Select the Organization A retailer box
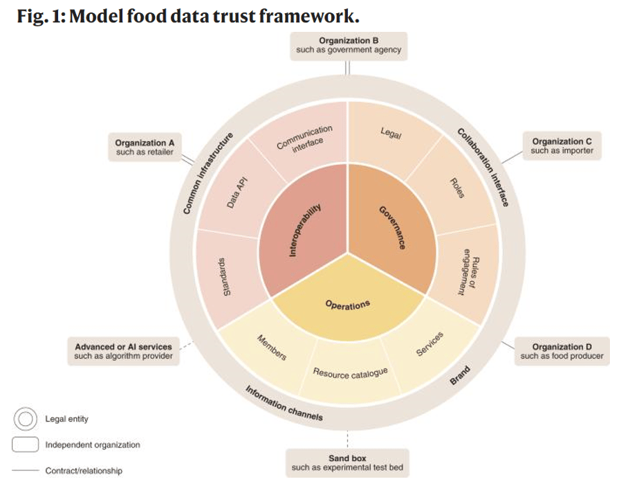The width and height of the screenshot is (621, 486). click(144, 147)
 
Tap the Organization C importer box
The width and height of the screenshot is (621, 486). click(562, 146)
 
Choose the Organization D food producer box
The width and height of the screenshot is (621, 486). click(562, 351)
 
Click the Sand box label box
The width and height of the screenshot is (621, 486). click(347, 463)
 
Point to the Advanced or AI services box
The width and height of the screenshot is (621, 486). click(123, 351)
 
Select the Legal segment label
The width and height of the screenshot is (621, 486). click(391, 134)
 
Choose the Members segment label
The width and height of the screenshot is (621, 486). click(272, 348)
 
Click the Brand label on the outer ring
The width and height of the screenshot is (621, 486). click(460, 378)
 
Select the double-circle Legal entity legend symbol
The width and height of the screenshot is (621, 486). click(26, 419)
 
